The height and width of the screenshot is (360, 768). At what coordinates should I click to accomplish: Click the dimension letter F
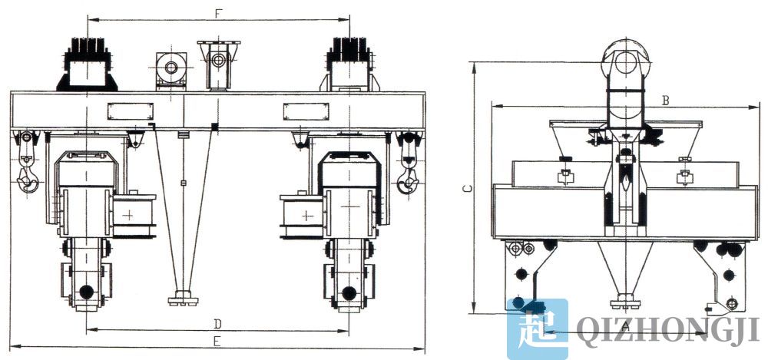pyautogui.click(x=219, y=13)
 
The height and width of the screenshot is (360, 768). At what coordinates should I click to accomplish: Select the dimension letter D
pyautogui.click(x=217, y=322)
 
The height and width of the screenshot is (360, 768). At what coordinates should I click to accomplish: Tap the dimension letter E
pyautogui.click(x=217, y=339)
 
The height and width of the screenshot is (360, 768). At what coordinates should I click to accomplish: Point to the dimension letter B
pyautogui.click(x=666, y=100)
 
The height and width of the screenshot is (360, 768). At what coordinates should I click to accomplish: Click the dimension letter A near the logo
pyautogui.click(x=624, y=326)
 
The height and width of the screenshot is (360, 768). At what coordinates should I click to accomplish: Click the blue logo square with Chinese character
pyautogui.click(x=538, y=329)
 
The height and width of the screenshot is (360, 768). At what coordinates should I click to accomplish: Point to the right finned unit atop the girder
pyautogui.click(x=350, y=61)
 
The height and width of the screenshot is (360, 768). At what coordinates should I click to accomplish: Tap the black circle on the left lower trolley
pyautogui.click(x=85, y=292)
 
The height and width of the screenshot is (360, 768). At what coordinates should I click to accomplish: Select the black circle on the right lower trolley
pyautogui.click(x=349, y=292)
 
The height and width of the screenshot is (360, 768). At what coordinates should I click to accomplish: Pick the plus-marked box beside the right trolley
pyautogui.click(x=304, y=214)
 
